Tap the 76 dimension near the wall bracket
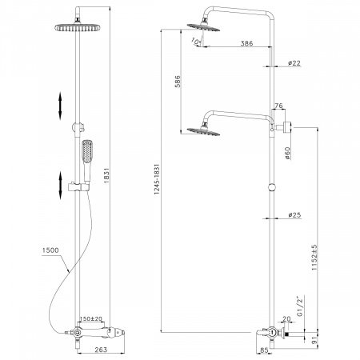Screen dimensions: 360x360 [280, 106]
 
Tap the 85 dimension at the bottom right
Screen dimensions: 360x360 [265, 350]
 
